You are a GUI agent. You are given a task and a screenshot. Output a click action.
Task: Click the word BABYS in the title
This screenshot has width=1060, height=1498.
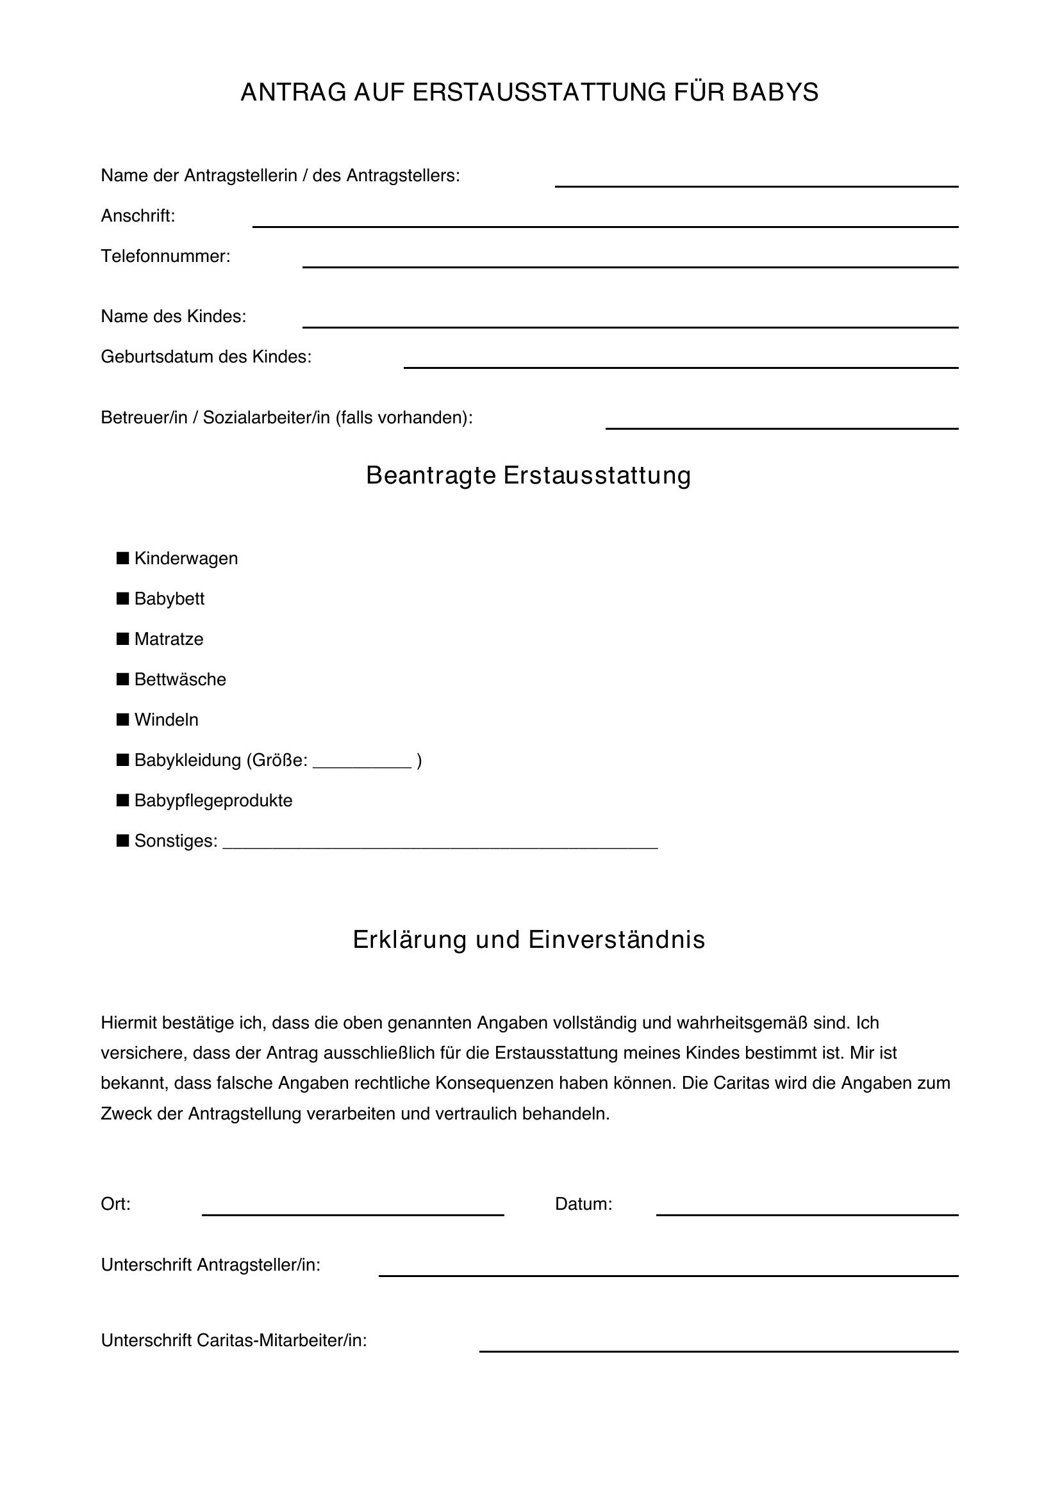point(775,93)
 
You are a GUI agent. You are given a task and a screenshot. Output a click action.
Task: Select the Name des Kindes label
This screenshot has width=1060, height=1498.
point(174,316)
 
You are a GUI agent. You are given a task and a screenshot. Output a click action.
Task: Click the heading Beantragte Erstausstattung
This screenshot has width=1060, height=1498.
point(529,475)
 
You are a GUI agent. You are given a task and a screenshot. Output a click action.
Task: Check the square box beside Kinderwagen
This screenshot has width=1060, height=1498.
point(122,558)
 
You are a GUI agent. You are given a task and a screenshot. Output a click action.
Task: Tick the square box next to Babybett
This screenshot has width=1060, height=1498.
point(122,598)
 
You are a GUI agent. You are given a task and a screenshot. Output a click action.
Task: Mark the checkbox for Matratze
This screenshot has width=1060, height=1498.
point(122,639)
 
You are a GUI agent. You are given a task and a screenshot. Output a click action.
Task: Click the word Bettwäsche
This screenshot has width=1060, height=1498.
point(180,679)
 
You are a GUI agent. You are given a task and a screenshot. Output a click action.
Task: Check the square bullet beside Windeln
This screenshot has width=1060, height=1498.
point(122,720)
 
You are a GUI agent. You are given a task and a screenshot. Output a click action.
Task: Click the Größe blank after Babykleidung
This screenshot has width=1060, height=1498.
point(362,763)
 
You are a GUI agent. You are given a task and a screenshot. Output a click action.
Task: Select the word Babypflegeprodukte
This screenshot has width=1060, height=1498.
point(213,801)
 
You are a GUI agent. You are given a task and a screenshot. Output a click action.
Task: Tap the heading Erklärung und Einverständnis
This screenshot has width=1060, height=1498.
point(529,940)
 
